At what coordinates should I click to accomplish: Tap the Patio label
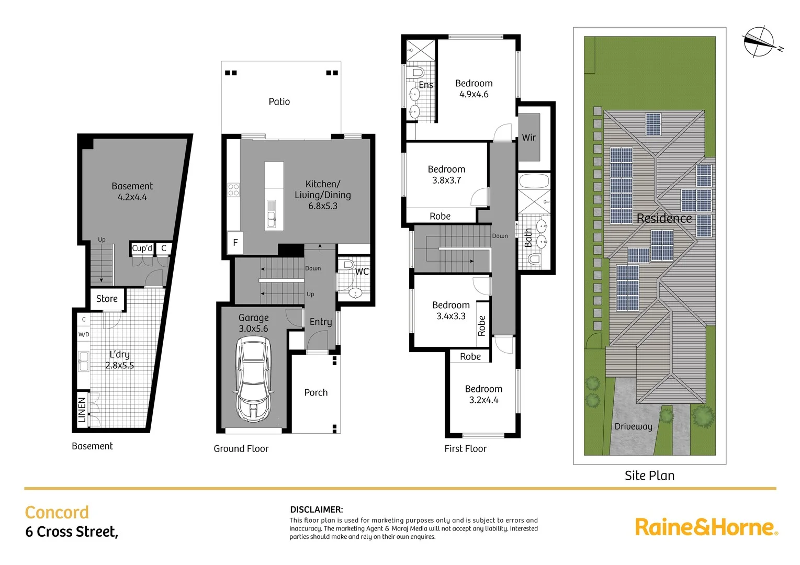279,101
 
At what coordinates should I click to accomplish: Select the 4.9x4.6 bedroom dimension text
474,95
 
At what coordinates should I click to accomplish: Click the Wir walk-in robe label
528,138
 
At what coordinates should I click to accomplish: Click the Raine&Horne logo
706,527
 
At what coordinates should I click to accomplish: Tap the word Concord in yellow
57,512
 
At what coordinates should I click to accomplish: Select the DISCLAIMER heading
317,510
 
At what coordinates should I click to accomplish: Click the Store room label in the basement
107,299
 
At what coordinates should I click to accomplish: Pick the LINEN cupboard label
82,410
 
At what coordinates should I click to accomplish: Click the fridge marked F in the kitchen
235,243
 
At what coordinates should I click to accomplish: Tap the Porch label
316,393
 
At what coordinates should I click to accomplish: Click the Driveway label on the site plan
633,426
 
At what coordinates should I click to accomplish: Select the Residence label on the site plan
664,218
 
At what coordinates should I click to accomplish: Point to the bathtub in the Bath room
534,182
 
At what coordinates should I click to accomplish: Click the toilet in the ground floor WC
347,265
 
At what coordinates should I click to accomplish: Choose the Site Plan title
649,476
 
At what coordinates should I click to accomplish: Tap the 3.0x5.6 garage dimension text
253,329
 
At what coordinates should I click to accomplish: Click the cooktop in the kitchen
233,189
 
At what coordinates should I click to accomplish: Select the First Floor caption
465,449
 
